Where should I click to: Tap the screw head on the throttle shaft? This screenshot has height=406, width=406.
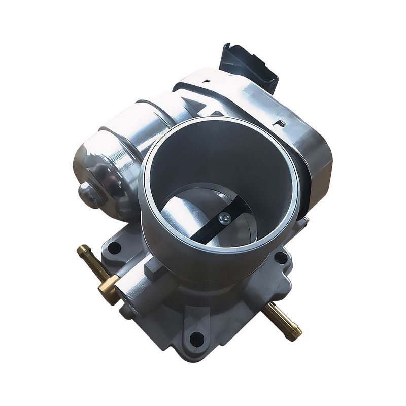pos(224,218)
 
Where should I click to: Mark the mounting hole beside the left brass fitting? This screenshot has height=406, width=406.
pos(114,249)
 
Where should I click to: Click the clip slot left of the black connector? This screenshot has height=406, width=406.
pos(206,81)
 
